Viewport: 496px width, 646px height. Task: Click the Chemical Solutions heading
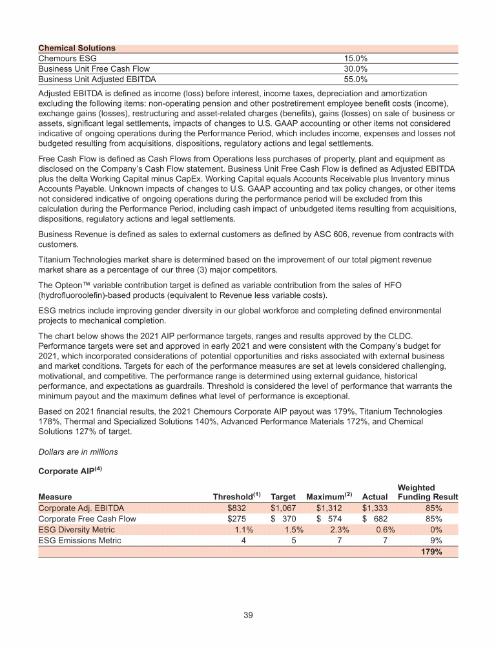(77, 48)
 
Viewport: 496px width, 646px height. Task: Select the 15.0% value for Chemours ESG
(355, 59)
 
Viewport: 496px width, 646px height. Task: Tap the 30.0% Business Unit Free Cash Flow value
(355, 69)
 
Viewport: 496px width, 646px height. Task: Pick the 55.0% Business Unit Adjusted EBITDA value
(355, 79)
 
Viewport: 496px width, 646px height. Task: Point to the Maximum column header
(327, 497)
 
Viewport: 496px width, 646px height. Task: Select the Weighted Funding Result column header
(428, 492)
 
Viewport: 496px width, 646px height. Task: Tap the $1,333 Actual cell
(375, 508)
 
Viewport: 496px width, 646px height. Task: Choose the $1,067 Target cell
(282, 508)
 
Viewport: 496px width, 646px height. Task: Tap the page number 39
(248, 614)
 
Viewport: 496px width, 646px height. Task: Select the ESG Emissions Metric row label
(79, 541)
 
